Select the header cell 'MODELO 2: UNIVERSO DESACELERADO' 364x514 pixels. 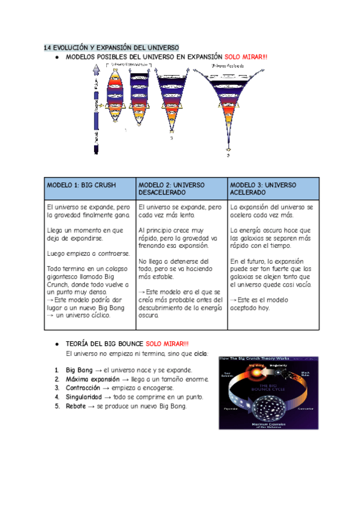coord(172,189)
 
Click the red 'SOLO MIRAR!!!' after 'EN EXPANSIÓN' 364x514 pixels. coord(246,57)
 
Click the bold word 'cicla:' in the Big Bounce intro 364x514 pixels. coord(200,353)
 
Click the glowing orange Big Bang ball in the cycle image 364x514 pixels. coord(255,372)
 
